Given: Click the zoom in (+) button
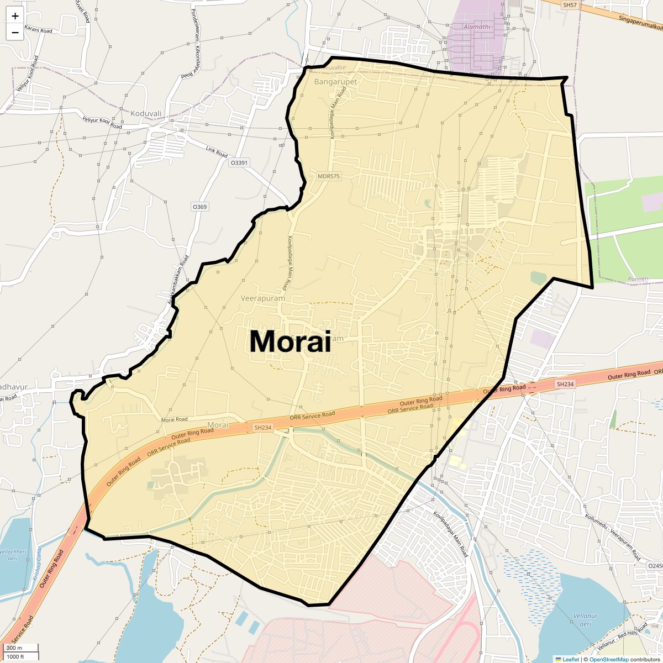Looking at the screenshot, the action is [x=15, y=16].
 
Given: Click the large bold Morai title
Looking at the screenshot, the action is [x=290, y=341].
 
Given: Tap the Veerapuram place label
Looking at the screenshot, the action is [x=263, y=298].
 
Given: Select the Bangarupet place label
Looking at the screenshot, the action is [x=335, y=82].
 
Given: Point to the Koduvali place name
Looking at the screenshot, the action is [x=146, y=114].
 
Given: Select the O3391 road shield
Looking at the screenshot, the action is [x=239, y=163].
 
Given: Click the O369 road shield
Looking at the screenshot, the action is [x=199, y=207].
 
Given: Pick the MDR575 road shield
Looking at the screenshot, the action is [x=329, y=176].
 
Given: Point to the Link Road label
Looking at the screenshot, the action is [x=217, y=151].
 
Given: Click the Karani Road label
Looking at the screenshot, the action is [x=38, y=30].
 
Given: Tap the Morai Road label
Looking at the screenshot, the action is [x=174, y=420].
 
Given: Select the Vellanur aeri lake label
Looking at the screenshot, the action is [x=585, y=620].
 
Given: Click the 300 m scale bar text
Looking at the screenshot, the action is [x=15, y=648].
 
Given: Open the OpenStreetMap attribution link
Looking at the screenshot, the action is [x=608, y=659].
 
